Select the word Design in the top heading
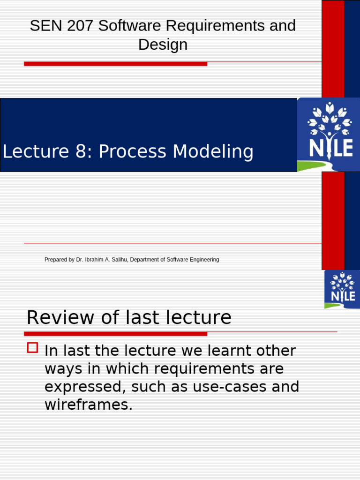pos(163,45)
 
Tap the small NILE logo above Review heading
pos(342,288)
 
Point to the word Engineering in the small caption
pos(203,260)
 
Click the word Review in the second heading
pos(55,318)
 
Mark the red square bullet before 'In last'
pos(32,348)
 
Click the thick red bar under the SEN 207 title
pos(115,64)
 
